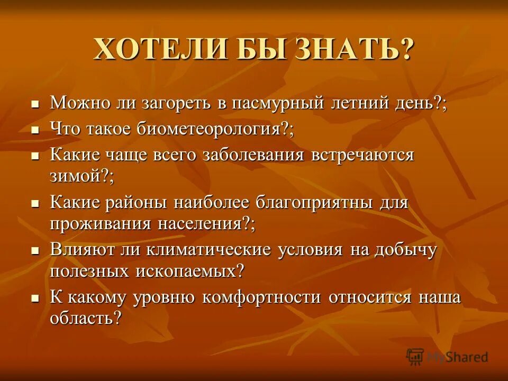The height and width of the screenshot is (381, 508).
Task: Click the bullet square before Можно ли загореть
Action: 36,104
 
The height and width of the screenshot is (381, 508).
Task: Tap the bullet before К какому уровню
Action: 36,298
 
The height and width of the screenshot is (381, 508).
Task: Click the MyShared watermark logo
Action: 447,357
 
